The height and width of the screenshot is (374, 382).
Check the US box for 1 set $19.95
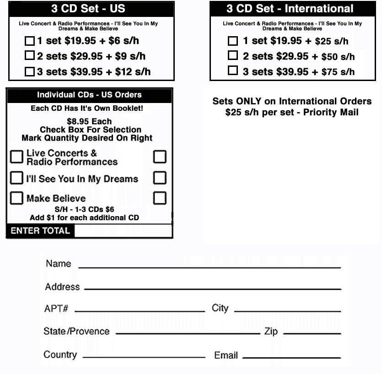pos(30,41)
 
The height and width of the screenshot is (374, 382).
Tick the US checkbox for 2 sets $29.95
pos(30,56)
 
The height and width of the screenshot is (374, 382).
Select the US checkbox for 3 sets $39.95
pos(30,71)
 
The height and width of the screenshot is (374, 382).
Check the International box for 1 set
pos(233,41)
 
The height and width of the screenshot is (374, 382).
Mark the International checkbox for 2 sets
pos(233,56)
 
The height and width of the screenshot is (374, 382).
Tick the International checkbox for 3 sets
pos(233,71)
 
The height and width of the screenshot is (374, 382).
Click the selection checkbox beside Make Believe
pos(16,198)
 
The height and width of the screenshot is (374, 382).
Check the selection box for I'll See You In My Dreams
pos(16,178)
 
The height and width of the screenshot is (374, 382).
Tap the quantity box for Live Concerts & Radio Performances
pos(160,157)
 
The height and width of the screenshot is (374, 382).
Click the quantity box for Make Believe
pos(160,198)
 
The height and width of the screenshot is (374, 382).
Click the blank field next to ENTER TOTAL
pos(123,231)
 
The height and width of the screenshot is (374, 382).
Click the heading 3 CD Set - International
pos(290,9)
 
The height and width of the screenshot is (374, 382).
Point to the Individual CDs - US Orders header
pos(89,95)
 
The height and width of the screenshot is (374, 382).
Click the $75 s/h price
pos(338,72)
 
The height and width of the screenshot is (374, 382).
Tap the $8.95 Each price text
pos(89,121)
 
